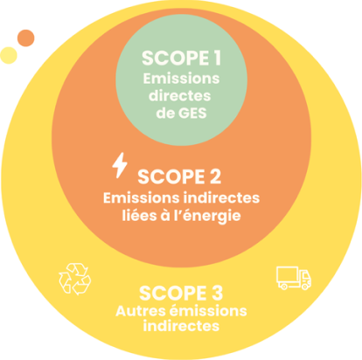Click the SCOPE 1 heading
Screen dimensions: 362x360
(x=181, y=58)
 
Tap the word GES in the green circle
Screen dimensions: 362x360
(x=192, y=113)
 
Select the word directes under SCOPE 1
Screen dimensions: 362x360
(x=180, y=95)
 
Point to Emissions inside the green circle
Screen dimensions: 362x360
(x=181, y=79)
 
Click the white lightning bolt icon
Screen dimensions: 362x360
(x=120, y=165)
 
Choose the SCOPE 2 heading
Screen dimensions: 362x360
(x=179, y=177)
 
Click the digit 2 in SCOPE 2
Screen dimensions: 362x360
(x=215, y=177)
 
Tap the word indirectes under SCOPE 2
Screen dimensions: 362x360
(x=222, y=197)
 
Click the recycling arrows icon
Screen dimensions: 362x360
(x=75, y=279)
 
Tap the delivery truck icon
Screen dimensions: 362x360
(x=294, y=278)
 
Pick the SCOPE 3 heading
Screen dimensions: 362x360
(x=181, y=293)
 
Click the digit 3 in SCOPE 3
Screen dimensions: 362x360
(x=217, y=293)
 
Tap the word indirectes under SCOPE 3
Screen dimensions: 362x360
(x=181, y=326)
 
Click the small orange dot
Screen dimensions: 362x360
(x=26, y=38)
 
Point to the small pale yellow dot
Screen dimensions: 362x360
(x=9, y=55)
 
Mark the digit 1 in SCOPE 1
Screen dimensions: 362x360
(x=217, y=58)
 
